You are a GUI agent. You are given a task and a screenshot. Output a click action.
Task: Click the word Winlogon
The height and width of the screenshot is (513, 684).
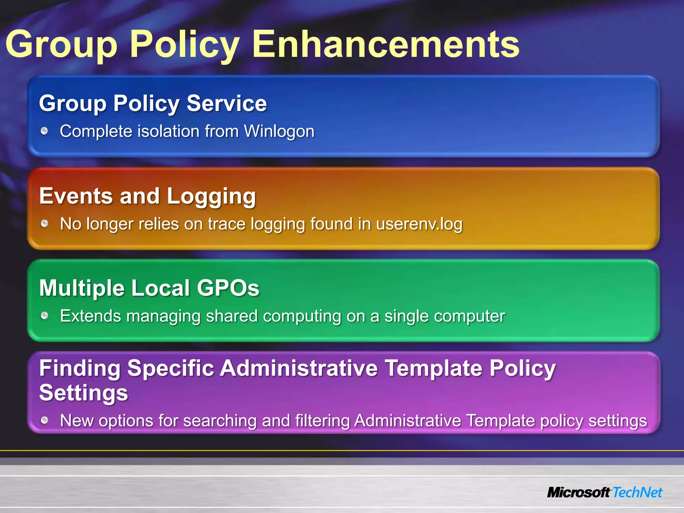click(x=279, y=131)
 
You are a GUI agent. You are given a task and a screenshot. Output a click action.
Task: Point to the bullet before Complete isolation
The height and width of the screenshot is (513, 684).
click(x=44, y=131)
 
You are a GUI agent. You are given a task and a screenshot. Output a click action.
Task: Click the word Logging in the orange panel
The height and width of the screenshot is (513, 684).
click(x=211, y=196)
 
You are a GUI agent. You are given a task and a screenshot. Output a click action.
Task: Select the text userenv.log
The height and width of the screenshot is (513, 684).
click(x=419, y=224)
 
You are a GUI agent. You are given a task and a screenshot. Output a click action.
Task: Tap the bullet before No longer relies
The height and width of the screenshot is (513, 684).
click(x=44, y=223)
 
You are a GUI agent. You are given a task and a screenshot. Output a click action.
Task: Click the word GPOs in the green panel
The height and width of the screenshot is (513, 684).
click(x=228, y=288)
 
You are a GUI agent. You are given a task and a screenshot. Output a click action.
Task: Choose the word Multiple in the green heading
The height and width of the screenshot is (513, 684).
click(x=82, y=288)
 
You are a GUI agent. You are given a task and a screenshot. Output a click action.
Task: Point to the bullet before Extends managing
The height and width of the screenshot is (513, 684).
click(x=44, y=316)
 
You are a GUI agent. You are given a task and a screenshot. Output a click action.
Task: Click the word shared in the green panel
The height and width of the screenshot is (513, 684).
click(x=231, y=316)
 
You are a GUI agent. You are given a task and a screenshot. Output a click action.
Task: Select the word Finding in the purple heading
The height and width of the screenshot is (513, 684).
click(x=80, y=368)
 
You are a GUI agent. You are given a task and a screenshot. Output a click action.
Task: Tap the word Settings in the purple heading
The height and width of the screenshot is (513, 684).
click(x=83, y=393)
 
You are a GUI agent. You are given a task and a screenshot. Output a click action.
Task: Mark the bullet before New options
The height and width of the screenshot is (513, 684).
click(x=44, y=420)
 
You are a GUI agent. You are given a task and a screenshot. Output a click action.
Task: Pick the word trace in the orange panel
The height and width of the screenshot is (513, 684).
click(x=226, y=224)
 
